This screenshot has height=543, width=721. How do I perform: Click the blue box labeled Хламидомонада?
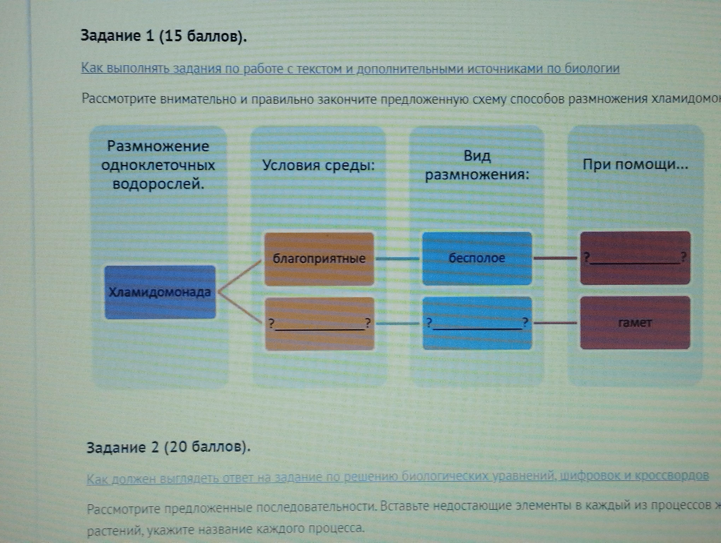tap(160, 292)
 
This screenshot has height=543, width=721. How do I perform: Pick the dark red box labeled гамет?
tap(635, 323)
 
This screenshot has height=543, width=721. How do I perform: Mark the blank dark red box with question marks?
tap(635, 258)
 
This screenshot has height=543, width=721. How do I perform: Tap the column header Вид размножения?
tap(477, 166)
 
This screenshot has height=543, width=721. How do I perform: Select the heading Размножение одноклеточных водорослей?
tap(158, 165)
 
